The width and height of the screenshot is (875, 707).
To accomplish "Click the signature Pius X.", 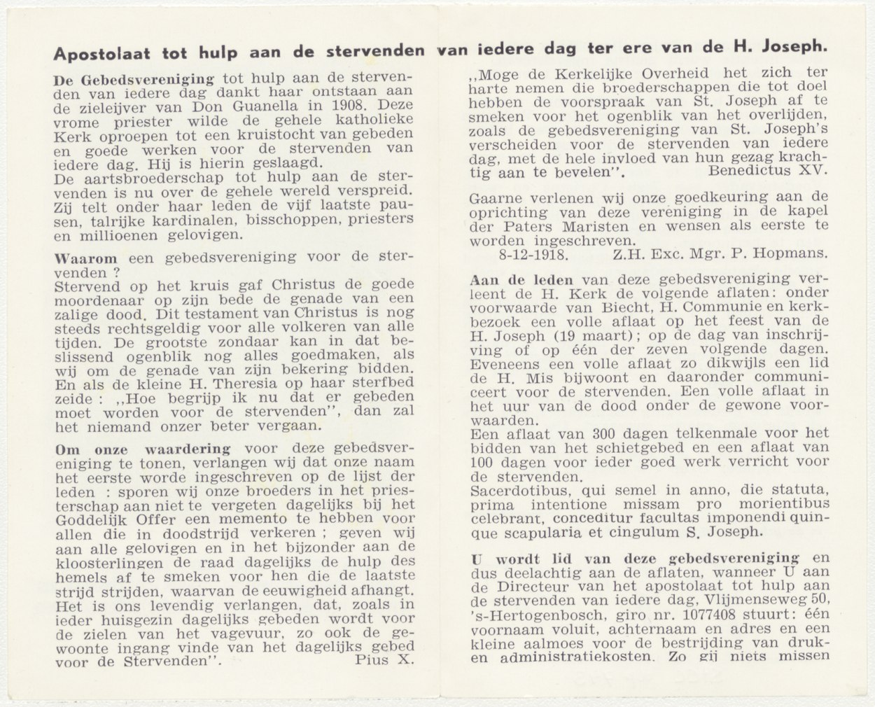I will click(x=385, y=659).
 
